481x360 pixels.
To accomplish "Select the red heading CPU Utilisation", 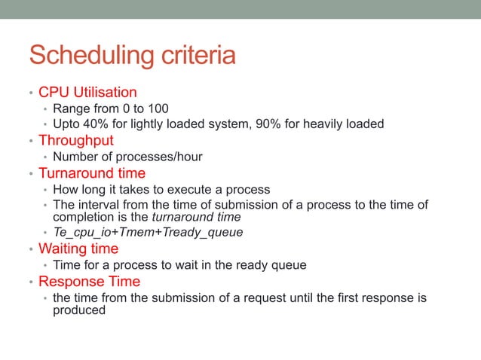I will tap(87, 93).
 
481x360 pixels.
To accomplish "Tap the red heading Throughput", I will tap(76, 140).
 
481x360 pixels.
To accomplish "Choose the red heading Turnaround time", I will tap(93, 173).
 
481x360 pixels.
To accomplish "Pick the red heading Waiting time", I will tap(78, 249).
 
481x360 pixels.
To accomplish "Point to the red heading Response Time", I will tap(89, 282).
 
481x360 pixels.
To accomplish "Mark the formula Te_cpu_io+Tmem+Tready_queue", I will tap(148, 232).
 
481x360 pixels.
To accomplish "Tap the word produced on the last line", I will tap(79, 310).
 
